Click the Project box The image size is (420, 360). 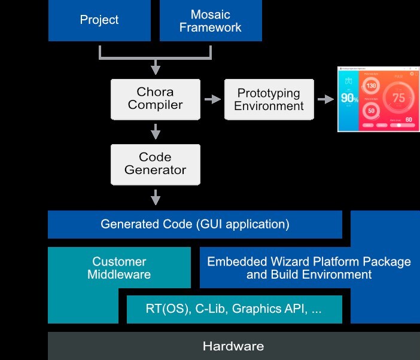(99, 20)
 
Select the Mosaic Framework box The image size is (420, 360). (211, 20)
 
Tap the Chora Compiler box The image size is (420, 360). (156, 99)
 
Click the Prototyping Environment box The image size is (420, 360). (269, 99)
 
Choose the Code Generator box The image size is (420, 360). (156, 164)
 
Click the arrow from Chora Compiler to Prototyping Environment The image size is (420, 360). (212, 99)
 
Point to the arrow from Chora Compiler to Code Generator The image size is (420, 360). (156, 131)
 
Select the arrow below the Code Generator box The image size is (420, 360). (156, 196)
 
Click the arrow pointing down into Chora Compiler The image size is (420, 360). (156, 64)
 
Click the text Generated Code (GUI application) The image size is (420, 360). (195, 225)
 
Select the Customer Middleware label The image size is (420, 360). (119, 269)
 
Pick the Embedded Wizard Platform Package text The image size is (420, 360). (309, 262)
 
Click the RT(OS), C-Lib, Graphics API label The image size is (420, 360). (234, 310)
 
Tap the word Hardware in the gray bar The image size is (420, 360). (233, 346)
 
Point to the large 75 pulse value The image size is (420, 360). (398, 98)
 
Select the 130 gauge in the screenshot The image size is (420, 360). (372, 86)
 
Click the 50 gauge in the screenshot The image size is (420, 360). (372, 111)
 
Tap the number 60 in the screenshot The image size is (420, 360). (409, 120)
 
